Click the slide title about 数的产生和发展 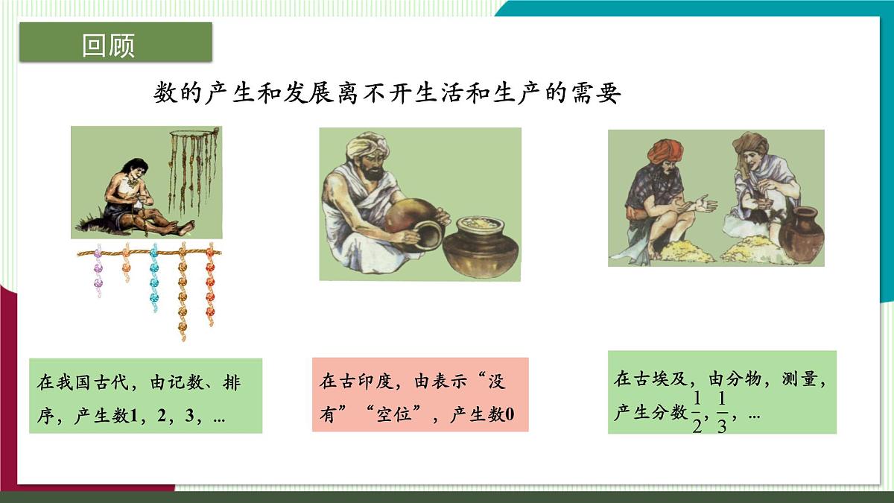[x=387, y=93]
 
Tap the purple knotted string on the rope [x=98, y=272]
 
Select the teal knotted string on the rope [x=153, y=277]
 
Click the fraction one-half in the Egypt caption [x=697, y=413]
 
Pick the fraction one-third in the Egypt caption [x=722, y=413]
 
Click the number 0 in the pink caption [x=510, y=415]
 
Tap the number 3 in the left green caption [x=197, y=417]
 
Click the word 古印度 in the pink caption [x=366, y=382]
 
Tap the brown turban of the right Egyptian [x=749, y=143]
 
